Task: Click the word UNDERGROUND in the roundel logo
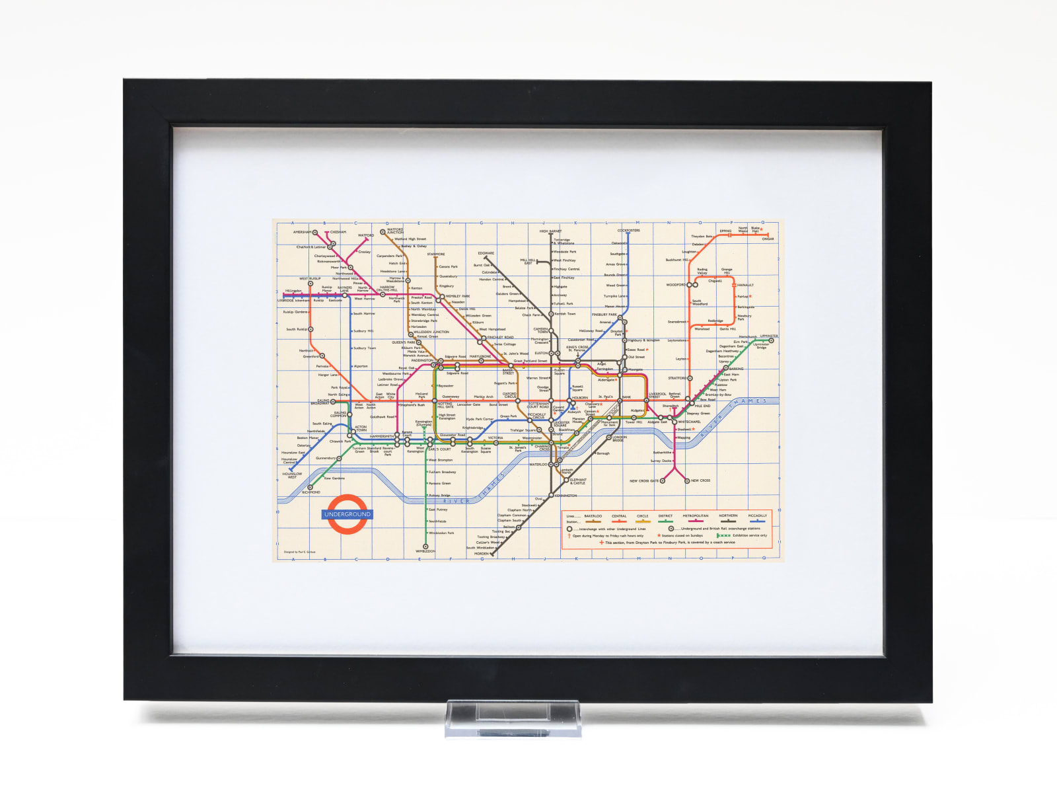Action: pos(347,514)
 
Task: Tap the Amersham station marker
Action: pos(315,233)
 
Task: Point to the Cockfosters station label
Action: pos(628,231)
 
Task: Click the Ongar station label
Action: pos(768,239)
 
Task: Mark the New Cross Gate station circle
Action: pos(663,481)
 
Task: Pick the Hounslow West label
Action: pos(292,475)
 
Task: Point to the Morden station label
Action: pos(482,554)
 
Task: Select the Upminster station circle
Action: pos(771,341)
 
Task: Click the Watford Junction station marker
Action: pos(383,232)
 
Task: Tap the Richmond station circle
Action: pos(310,488)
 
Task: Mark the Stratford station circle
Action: pos(690,379)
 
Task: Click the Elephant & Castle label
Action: pos(578,481)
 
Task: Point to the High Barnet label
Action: pos(550,231)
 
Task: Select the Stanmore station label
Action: pos(435,254)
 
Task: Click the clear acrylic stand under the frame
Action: pos(513,718)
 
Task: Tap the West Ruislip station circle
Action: pos(310,284)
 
